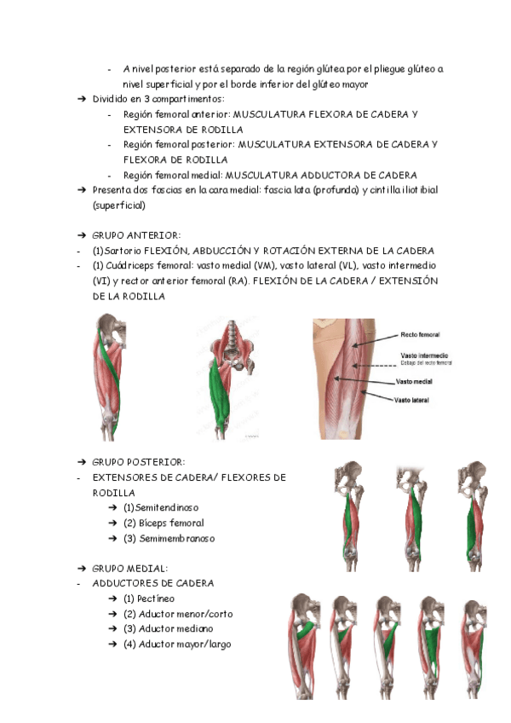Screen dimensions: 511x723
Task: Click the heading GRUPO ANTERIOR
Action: [x=136, y=234]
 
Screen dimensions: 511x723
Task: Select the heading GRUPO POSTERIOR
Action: [x=139, y=461]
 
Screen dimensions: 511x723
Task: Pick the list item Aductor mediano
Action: [x=171, y=629]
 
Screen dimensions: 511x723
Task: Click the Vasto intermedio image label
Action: [x=424, y=355]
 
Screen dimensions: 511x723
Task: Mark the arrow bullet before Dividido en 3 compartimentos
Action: [x=82, y=99]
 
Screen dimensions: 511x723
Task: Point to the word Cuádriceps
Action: [x=134, y=265]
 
